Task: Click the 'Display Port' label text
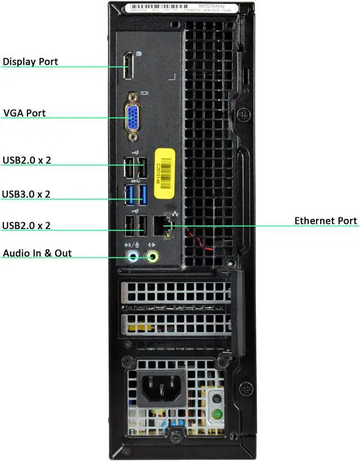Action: [x=30, y=61]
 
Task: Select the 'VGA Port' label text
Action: [x=24, y=113]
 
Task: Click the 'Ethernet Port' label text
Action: [x=326, y=221]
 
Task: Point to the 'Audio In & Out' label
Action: [x=37, y=253]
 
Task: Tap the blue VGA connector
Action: [x=133, y=117]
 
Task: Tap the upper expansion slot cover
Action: [x=175, y=293]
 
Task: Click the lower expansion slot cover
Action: [x=175, y=325]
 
